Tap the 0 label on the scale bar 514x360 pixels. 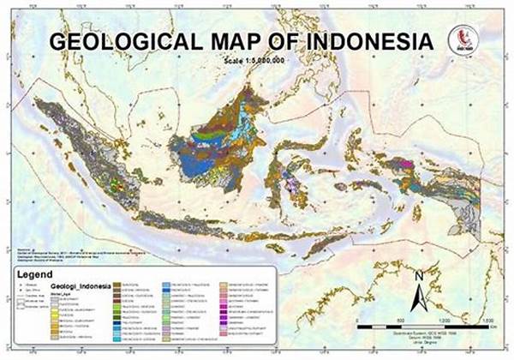357,321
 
